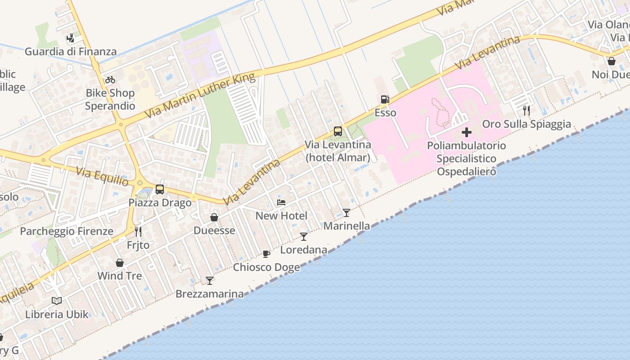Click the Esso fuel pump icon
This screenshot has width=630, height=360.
tap(385, 99)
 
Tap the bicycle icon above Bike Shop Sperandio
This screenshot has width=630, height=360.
tap(110, 80)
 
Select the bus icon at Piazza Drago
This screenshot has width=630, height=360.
tap(160, 189)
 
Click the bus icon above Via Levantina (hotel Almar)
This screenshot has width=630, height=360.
tap(338, 131)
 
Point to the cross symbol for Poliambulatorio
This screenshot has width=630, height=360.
tap(467, 132)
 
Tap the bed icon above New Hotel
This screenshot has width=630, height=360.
tap(281, 202)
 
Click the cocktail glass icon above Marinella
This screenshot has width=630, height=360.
tap(346, 212)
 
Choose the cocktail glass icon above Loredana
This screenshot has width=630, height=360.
tap(304, 236)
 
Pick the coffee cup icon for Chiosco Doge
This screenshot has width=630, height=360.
tap(266, 254)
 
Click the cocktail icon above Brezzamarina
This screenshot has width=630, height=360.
tap(210, 281)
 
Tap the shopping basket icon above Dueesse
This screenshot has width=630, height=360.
tap(214, 217)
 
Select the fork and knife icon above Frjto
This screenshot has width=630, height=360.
tap(138, 232)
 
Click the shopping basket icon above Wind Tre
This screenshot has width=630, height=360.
tap(120, 262)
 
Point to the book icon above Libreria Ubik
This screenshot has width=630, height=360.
tap(57, 301)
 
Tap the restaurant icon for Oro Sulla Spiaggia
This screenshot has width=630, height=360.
tap(526, 110)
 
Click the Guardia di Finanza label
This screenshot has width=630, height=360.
tap(71, 51)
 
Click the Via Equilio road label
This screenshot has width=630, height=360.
tap(102, 177)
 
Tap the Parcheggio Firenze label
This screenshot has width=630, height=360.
tap(67, 231)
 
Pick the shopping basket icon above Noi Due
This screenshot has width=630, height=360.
tap(612, 61)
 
